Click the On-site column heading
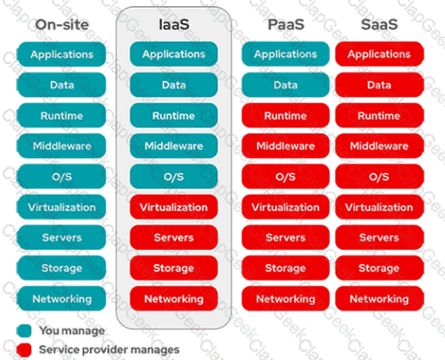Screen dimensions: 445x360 [62, 24]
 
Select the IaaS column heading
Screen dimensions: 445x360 [174, 24]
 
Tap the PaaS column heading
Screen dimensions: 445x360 [286, 24]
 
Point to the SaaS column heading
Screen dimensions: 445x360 [379, 24]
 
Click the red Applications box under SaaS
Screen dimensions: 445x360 [379, 54]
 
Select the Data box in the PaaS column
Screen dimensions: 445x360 [286, 85]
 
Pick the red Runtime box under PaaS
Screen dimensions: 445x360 [286, 115]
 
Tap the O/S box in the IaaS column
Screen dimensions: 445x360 [174, 177]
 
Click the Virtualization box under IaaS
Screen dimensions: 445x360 [174, 207]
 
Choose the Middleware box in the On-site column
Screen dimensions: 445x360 [61, 145]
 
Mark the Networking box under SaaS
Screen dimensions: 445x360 [379, 299]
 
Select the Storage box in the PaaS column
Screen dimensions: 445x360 [286, 268]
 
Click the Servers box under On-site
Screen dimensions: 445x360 [61, 237]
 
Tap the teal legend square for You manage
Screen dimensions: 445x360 [24, 331]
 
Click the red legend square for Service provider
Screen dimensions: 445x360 [24, 350]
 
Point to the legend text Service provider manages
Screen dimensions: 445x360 [109, 350]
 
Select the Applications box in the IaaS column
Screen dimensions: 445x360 [174, 54]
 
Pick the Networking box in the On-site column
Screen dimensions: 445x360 [61, 299]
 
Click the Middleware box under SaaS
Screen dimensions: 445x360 [379, 145]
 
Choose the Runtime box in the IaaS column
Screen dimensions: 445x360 [174, 115]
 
